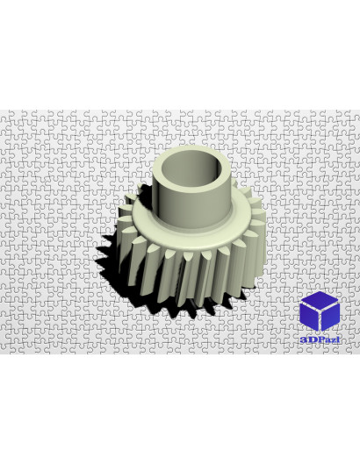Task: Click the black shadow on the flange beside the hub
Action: coord(146,194)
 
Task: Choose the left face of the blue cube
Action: coord(309,318)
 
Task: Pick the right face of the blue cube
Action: coord(330,318)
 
